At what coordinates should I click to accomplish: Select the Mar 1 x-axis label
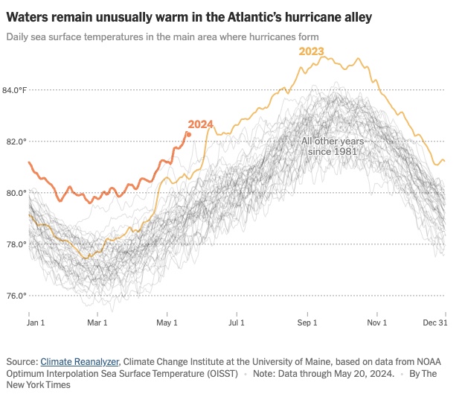point(97,323)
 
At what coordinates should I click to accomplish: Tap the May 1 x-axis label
point(167,323)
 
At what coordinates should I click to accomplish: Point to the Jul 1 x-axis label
point(237,323)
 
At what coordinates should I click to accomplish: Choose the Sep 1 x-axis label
point(308,323)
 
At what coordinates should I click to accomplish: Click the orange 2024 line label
point(201,124)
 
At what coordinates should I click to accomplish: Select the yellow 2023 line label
point(312,51)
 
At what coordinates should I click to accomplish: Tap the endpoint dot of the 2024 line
point(188,134)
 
